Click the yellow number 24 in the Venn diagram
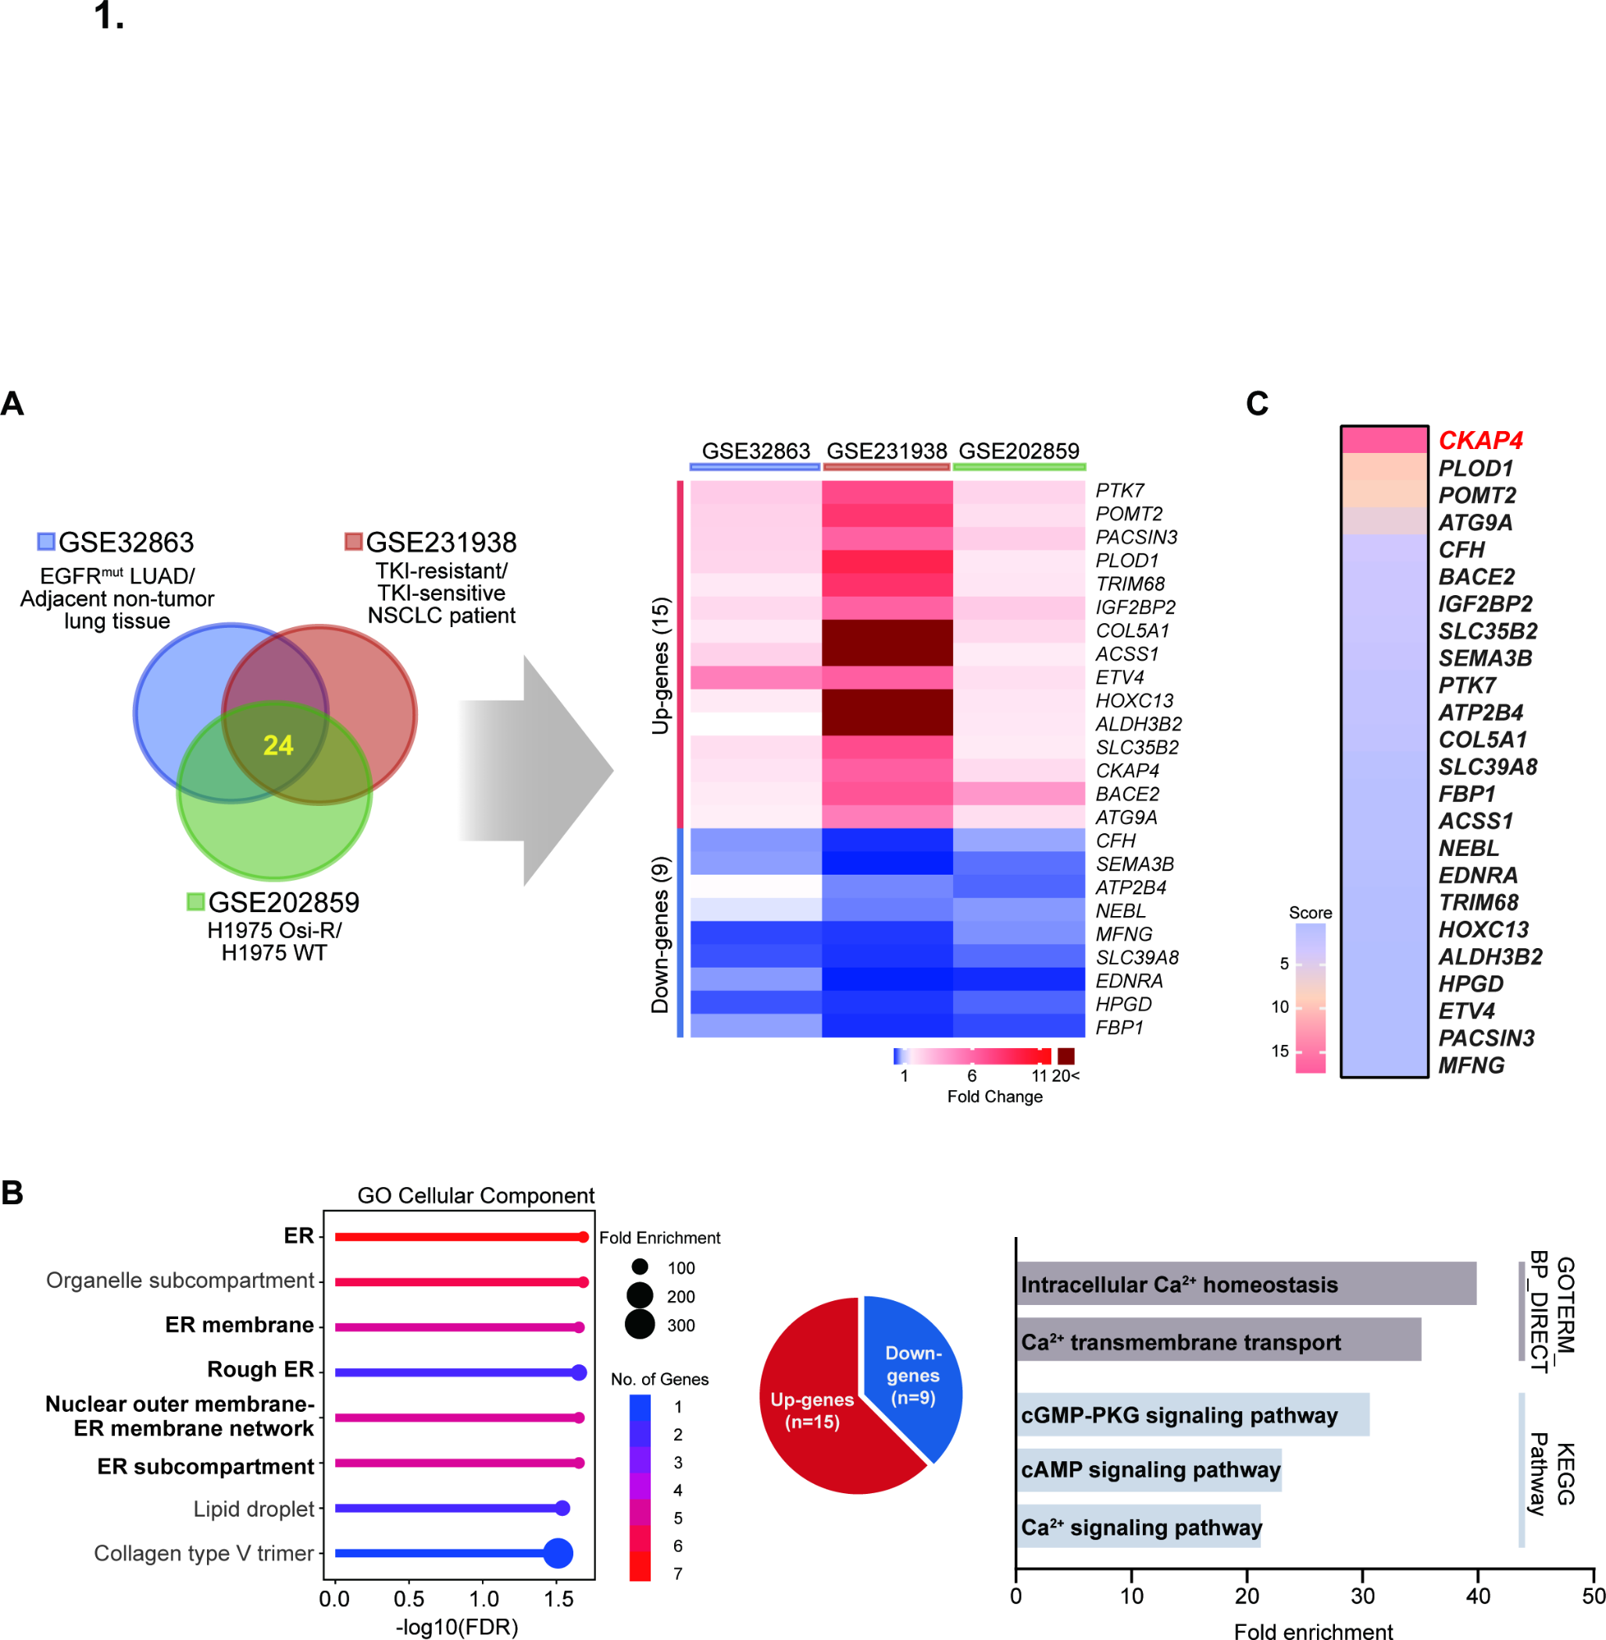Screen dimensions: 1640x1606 [277, 745]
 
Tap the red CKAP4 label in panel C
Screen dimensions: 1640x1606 [1480, 440]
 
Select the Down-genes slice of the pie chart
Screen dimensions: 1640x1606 [913, 1374]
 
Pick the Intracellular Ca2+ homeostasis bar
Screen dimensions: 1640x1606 [1246, 1283]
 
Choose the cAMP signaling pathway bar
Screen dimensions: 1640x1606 [1149, 1470]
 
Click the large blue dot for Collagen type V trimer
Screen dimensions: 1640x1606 [558, 1553]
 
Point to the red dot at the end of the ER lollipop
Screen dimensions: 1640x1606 [583, 1237]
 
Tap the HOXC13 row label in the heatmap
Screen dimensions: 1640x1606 [1133, 701]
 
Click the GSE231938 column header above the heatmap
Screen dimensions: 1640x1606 [887, 451]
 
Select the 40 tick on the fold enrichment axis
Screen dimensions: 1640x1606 [1478, 1595]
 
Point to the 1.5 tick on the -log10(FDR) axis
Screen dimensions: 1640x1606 [559, 1599]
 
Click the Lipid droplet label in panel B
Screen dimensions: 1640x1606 [253, 1509]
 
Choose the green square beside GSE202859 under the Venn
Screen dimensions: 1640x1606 [196, 901]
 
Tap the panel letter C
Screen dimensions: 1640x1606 [1257, 404]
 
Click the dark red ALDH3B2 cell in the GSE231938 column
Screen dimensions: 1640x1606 [887, 723]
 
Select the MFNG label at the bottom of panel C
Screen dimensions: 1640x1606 [1471, 1065]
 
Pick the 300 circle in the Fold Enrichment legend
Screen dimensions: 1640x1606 [641, 1324]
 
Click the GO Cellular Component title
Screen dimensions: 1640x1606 [476, 1196]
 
